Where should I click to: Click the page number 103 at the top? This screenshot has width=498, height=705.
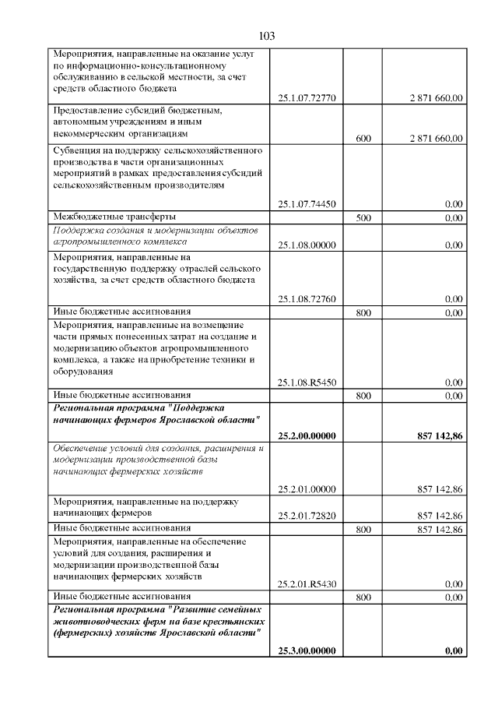click(266, 36)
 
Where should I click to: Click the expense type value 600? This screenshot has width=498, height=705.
click(363, 139)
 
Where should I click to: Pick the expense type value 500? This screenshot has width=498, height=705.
click(363, 218)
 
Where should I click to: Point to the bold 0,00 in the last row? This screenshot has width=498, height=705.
click(454, 651)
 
